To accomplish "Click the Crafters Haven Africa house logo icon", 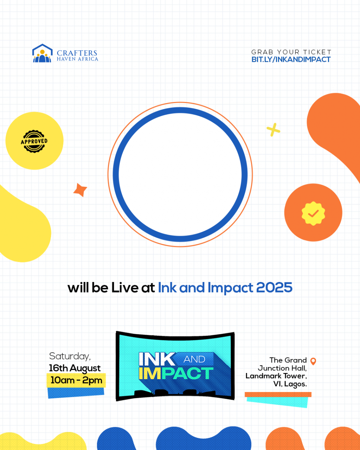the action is point(42,53).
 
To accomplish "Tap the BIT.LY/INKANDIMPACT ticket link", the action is point(291,60).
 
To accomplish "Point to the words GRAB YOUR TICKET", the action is point(291,52).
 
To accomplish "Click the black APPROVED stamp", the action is point(34,141).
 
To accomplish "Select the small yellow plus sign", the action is point(273,130).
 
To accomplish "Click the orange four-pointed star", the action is point(80,190).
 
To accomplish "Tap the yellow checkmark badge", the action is point(313,213).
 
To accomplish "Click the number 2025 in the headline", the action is point(274,287).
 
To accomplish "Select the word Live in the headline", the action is point(124,288).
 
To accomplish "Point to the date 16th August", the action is point(75,368).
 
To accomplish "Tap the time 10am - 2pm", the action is point(76,380).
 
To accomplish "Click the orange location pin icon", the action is point(313,361).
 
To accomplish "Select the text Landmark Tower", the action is point(276,376).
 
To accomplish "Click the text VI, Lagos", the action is point(290,384).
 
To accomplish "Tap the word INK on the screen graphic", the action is point(157,359).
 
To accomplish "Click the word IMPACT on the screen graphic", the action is point(176,373).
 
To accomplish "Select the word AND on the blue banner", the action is point(194,359).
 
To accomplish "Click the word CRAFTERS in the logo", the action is point(77,53).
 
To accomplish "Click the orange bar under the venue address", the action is point(278,394).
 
